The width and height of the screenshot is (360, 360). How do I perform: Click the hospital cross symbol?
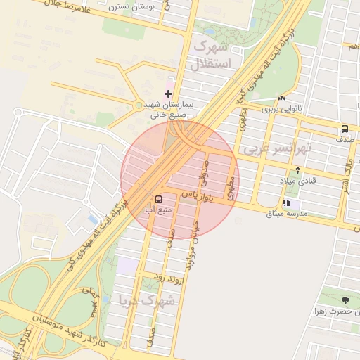point(168,93)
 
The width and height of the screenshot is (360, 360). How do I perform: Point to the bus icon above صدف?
point(345,129)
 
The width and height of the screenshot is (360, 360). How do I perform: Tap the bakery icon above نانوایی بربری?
point(281,98)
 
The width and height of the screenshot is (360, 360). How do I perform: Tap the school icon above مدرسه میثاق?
point(286,202)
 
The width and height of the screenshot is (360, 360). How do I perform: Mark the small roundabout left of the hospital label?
point(138,105)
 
